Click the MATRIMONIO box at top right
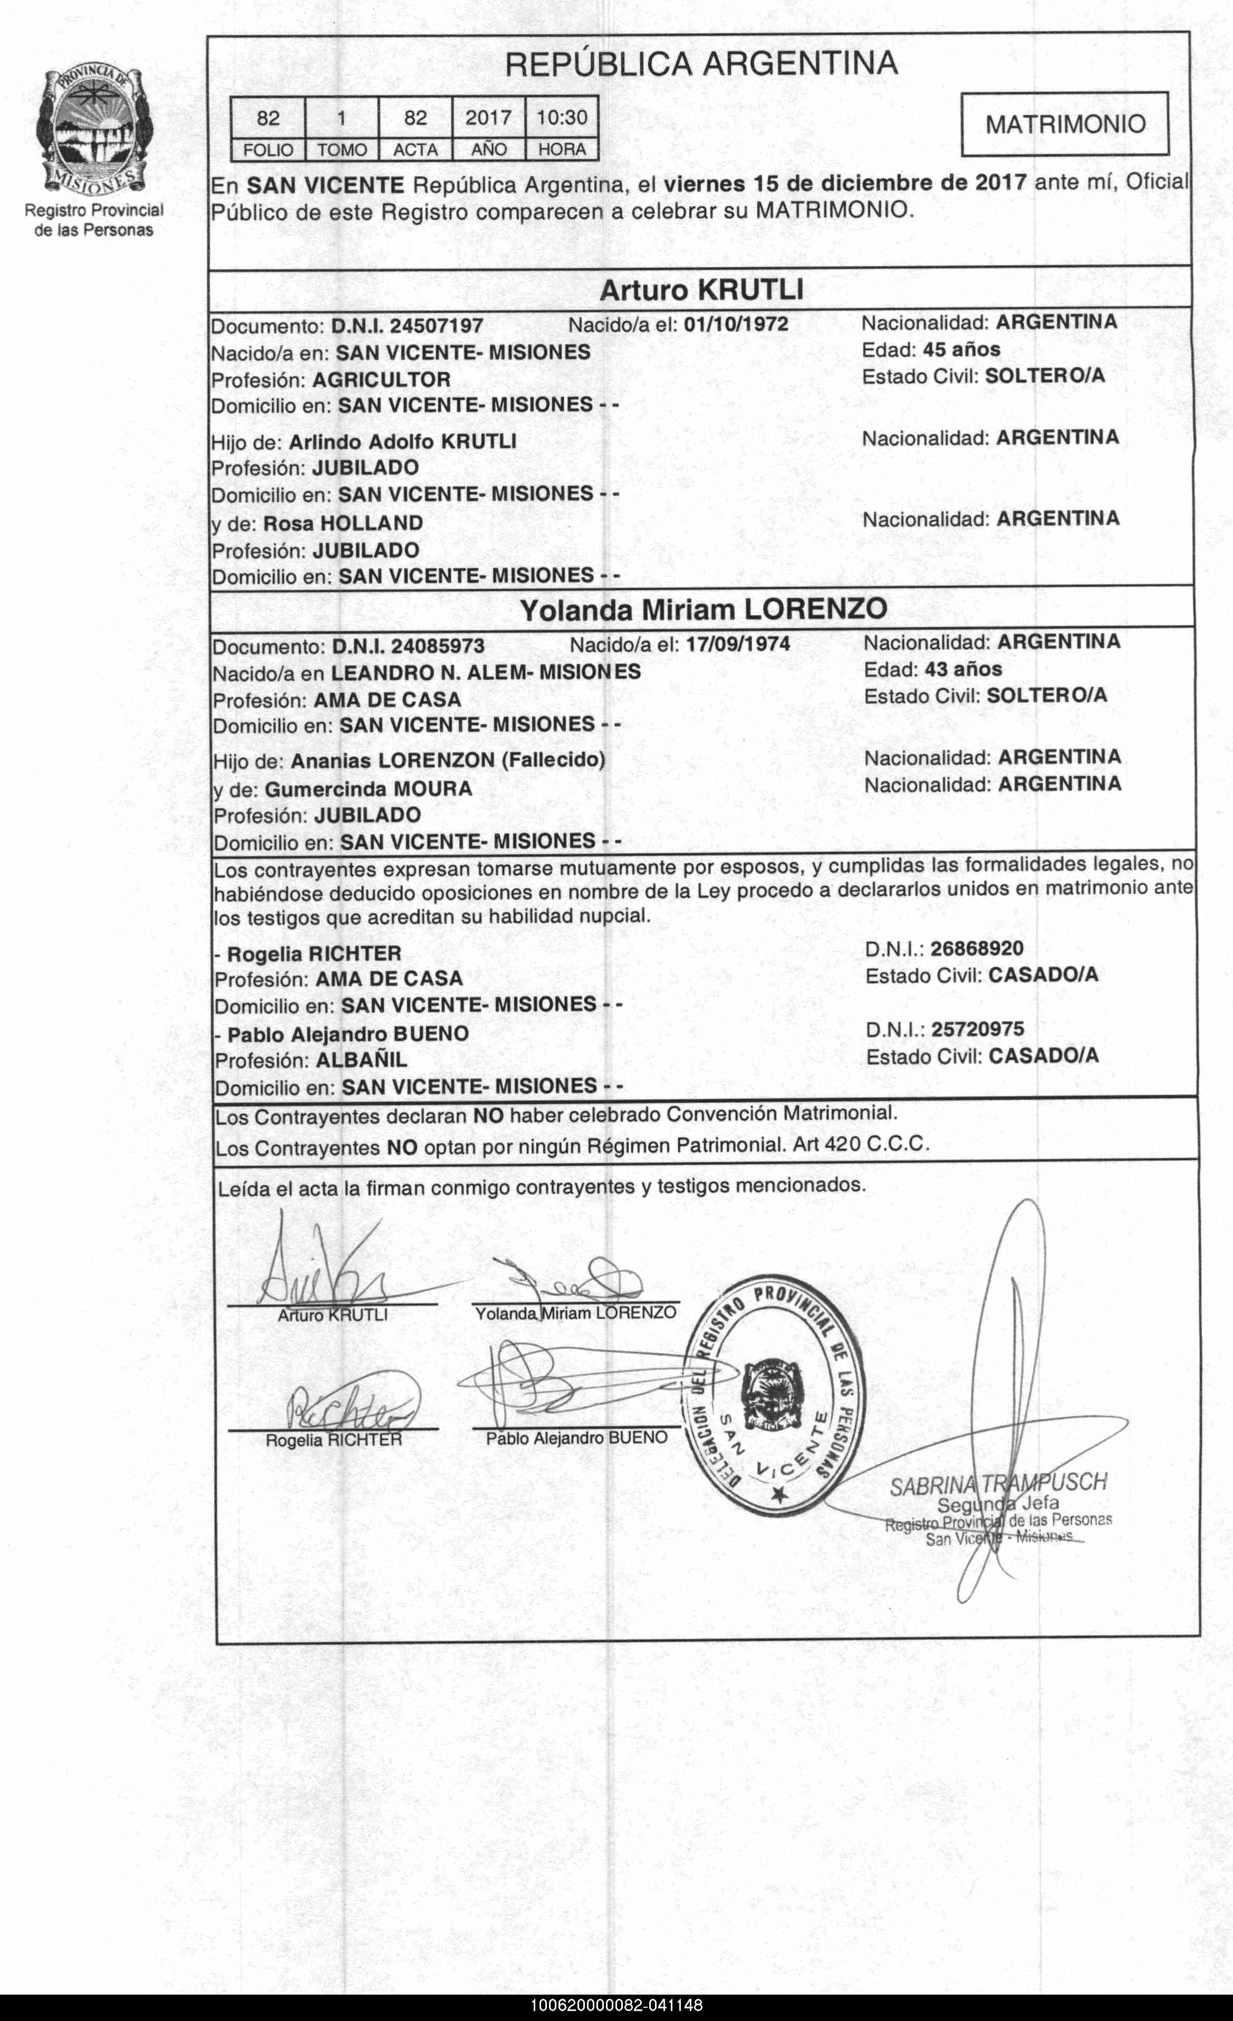click(x=1064, y=124)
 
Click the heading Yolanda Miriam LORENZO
click(x=704, y=610)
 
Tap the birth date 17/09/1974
click(x=737, y=644)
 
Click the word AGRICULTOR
click(x=381, y=380)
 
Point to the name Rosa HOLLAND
click(x=343, y=523)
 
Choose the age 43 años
click(x=963, y=669)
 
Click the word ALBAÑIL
click(x=362, y=1060)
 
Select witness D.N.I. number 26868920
click(x=976, y=949)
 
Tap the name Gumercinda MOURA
click(x=368, y=789)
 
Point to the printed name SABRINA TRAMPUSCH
click(x=998, y=1483)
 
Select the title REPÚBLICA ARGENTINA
click(x=701, y=64)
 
